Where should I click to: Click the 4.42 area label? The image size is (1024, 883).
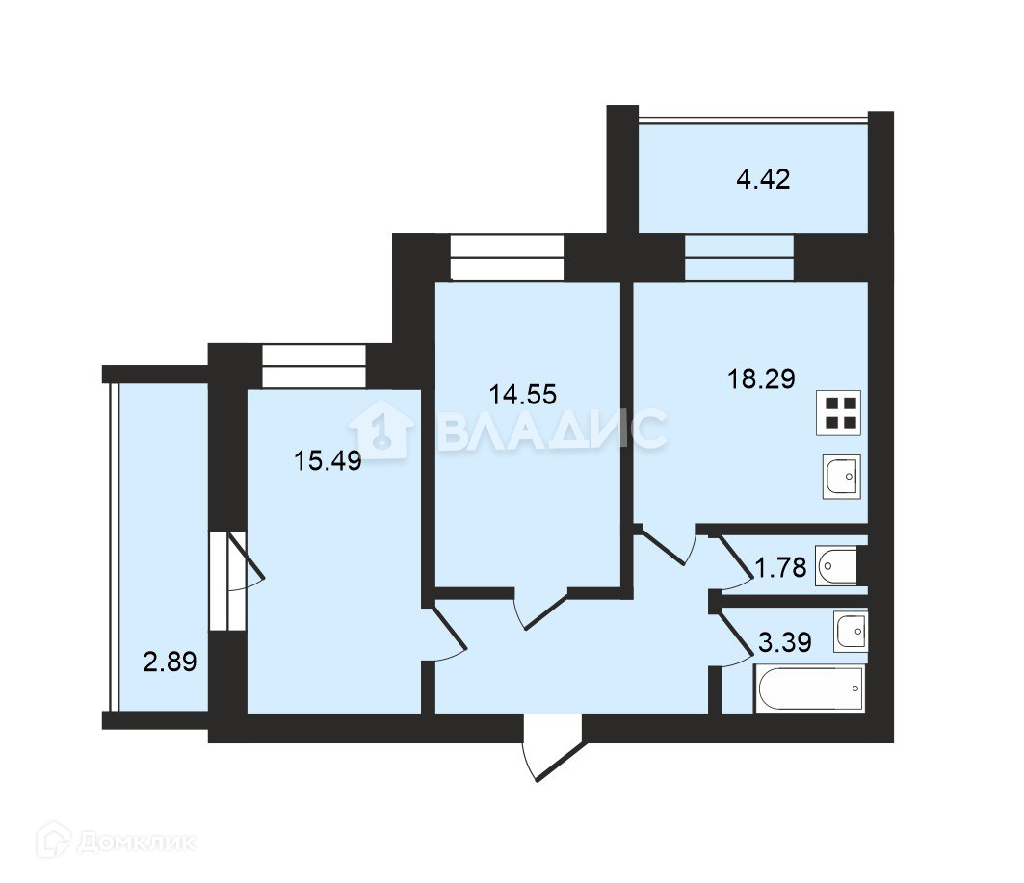click(763, 179)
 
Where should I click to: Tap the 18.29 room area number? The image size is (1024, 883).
click(761, 378)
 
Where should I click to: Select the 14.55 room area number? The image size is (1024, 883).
click(522, 394)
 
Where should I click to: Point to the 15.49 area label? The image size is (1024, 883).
click(328, 460)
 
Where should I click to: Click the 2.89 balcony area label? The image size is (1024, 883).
click(170, 662)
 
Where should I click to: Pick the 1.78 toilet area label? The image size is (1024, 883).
click(780, 567)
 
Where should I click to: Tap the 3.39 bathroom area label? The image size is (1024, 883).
click(784, 642)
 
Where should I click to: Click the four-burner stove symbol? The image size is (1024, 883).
click(838, 412)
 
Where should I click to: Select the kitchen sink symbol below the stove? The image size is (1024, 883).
click(841, 477)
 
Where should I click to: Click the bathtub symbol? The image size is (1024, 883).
click(810, 688)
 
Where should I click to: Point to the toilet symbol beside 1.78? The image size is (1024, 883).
click(836, 565)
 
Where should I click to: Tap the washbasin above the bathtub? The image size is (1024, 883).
click(851, 631)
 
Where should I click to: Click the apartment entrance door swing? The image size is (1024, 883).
click(553, 747)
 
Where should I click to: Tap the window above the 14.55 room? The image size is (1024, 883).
click(507, 258)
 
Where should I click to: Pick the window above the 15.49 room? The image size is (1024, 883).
click(313, 366)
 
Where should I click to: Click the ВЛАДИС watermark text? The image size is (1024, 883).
click(553, 429)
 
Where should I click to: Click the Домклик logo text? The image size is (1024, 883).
click(137, 842)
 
